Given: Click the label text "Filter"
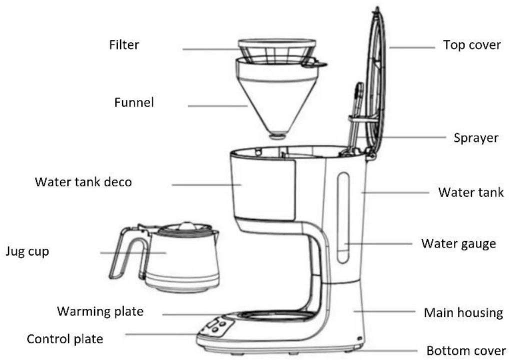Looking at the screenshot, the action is coord(124,45).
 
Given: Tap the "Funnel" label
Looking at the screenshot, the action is coord(134,102).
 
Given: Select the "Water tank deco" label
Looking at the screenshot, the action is coord(83,182).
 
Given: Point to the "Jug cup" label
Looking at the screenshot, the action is coord(27,251).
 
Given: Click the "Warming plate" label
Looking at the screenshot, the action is coord(100,311).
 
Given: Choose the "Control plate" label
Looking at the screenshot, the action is coord(65,339).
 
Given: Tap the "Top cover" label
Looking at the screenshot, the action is coord(472,45).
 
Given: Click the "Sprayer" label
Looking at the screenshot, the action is coord(476,137).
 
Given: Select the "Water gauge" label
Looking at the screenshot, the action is coord(458,243).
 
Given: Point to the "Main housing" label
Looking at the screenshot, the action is coord(463,312).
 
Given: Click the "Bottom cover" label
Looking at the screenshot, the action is coord(466,350).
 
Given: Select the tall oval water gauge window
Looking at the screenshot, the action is coord(343,217).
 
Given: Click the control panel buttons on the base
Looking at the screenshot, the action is coord(216,326).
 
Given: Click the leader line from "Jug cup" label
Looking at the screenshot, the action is coord(133,252).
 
